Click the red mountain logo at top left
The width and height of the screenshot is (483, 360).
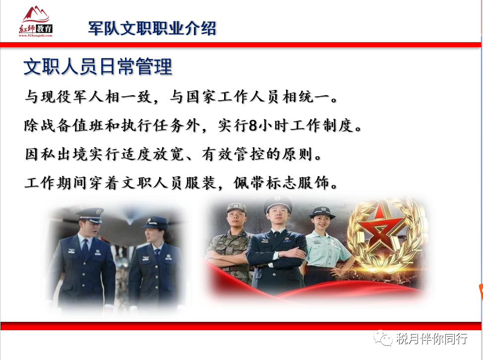point(36,14)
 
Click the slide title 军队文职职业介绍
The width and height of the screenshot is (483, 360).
point(152,28)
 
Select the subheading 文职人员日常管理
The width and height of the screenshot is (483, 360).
point(98,66)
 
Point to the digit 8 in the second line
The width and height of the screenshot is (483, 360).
point(253,125)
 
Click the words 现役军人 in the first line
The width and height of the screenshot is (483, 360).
point(73,97)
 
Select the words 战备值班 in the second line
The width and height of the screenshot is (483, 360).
point(72,125)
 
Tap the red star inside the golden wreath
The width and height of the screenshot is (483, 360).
point(381,230)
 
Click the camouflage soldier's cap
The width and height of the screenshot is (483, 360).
point(237,208)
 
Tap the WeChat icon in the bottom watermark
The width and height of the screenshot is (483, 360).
point(383,338)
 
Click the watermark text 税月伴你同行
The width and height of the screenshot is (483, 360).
point(432,339)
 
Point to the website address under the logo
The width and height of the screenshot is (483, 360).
point(35,35)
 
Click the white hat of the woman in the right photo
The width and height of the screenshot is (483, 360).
point(322,212)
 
